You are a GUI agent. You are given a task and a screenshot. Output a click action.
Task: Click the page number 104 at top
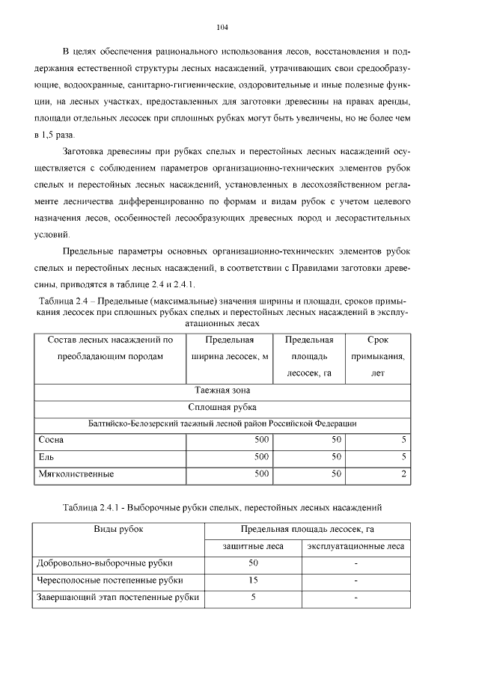[222, 28]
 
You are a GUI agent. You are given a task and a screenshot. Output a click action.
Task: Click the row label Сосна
[51, 440]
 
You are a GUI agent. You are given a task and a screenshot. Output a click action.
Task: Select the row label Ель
[46, 456]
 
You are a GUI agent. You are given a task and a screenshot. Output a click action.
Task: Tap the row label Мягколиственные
[76, 474]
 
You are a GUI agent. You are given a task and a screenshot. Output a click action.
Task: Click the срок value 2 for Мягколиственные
[403, 474]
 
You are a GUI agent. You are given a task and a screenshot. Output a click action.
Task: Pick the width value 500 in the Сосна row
[260, 440]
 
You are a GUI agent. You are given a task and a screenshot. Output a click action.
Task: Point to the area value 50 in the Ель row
[336, 456]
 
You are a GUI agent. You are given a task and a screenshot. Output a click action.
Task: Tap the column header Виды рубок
[118, 530]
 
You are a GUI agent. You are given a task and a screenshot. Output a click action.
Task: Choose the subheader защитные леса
[253, 546]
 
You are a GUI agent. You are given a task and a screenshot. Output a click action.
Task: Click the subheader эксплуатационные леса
[356, 546]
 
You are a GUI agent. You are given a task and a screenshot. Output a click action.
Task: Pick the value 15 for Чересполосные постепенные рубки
[253, 580]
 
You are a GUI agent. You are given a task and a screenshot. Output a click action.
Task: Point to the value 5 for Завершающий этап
[253, 597]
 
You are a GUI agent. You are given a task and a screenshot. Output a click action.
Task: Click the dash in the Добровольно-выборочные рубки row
[356, 563]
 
